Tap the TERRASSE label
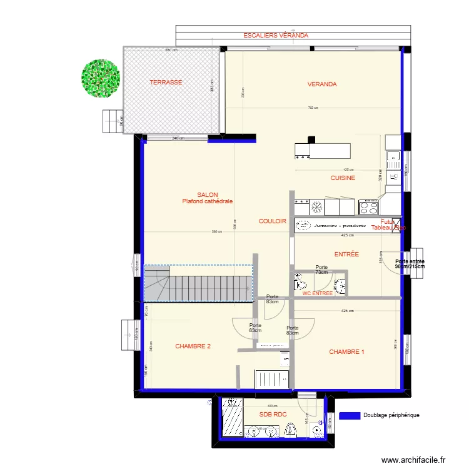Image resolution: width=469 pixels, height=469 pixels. pos(166,83)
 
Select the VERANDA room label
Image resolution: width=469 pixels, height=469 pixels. pos(322,84)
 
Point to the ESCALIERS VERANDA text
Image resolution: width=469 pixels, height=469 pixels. pos(276,36)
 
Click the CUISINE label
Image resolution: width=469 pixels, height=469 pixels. pos(343,178)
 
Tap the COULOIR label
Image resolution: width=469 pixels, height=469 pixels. pos(273,221)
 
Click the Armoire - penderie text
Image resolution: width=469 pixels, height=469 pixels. pos(340,225)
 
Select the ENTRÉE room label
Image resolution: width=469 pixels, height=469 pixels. pos(346,255)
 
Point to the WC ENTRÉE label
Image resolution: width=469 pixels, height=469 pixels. pos(318,293)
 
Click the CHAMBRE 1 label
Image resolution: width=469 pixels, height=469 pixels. pos(346,353)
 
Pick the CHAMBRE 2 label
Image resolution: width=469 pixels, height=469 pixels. pos(193,346)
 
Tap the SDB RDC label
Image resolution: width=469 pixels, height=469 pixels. pos(273,414)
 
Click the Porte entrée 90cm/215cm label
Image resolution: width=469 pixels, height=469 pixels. pos(410,265)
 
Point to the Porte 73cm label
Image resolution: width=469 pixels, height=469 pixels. pos(321,270)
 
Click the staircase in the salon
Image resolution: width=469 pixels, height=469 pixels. pos(199,283)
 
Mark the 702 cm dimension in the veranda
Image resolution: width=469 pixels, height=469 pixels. pos(313,108)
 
